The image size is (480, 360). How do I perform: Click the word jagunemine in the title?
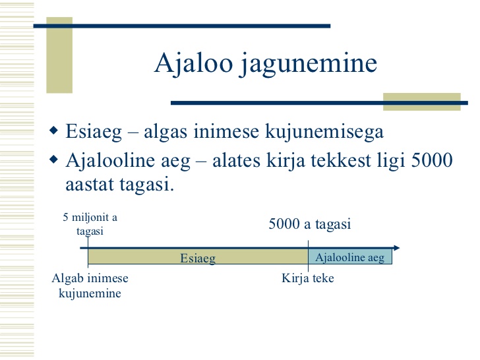[309, 65]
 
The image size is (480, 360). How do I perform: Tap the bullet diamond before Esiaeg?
[53, 131]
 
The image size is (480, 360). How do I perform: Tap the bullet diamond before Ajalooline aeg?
[53, 159]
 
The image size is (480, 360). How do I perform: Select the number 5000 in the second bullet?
[432, 160]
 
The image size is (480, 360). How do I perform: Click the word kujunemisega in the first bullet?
[324, 133]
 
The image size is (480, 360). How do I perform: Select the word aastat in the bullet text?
[90, 185]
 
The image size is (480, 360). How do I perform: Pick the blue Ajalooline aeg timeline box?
[350, 256]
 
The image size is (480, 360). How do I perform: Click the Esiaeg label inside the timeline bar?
[198, 258]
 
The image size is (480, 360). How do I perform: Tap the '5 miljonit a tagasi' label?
[90, 224]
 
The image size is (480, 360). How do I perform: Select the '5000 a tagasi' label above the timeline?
[309, 224]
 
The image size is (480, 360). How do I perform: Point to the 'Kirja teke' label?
[308, 278]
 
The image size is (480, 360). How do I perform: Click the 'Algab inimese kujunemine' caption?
[90, 285]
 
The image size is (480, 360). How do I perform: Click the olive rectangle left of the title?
[59, 55]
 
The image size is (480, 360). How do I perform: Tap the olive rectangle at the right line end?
[422, 102]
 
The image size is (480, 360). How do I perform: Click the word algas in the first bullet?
[165, 133]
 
